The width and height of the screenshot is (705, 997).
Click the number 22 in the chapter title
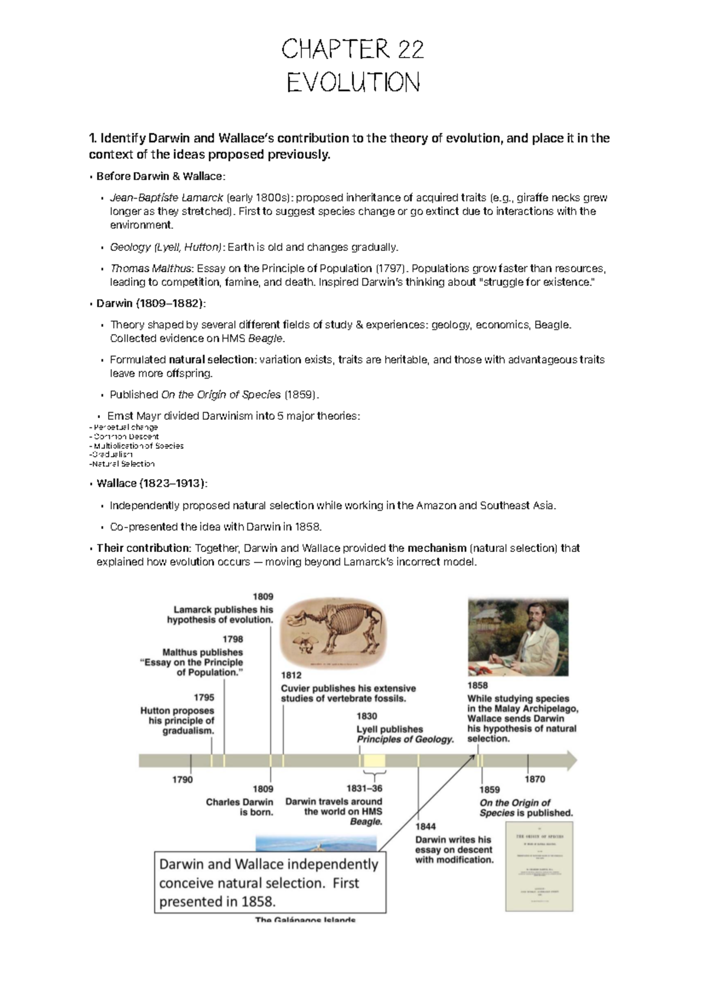[x=409, y=50]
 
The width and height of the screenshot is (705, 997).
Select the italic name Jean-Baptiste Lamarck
[x=166, y=198]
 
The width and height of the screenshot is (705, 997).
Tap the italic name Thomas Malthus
[x=151, y=269]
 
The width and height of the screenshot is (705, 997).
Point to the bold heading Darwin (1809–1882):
[x=152, y=303]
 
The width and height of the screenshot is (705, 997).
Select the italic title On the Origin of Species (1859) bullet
[x=221, y=394]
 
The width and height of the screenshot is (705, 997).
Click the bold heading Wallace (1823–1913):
[x=152, y=483]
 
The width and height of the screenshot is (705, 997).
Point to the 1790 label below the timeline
[x=182, y=779]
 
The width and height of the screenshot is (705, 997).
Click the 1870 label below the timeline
[x=535, y=779]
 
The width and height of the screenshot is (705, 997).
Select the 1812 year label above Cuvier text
[x=291, y=675]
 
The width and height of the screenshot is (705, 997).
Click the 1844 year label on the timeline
[x=426, y=827]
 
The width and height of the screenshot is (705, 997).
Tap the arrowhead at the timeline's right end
[x=570, y=761]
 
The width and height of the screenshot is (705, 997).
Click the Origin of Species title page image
[x=539, y=866]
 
